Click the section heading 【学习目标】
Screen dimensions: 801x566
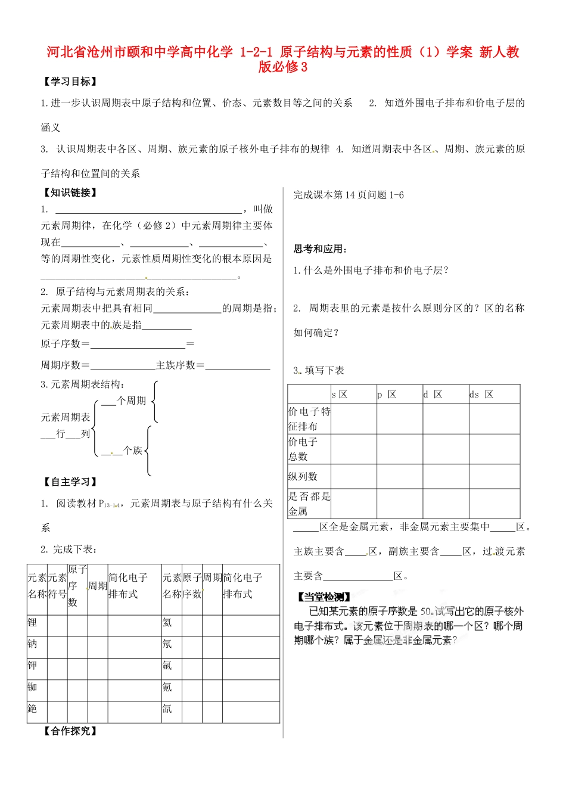[x=70, y=82]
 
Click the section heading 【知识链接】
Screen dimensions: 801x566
[x=70, y=193]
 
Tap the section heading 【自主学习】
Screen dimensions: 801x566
[x=70, y=482]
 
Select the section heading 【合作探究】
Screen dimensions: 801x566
[x=70, y=731]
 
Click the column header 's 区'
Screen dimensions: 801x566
[x=340, y=395]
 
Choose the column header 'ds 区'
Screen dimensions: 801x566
[x=481, y=395]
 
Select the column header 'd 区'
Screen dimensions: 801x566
[x=433, y=395]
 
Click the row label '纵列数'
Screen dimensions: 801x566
[x=303, y=477]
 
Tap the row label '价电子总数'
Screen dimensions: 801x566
[x=303, y=449]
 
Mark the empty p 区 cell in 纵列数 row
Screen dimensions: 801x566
[x=400, y=477]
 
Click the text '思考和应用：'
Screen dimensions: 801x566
[x=321, y=249]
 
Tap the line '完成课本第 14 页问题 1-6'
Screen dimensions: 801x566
[x=349, y=195]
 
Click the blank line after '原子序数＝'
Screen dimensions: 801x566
[x=138, y=344]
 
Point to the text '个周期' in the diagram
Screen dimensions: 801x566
[x=131, y=401]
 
